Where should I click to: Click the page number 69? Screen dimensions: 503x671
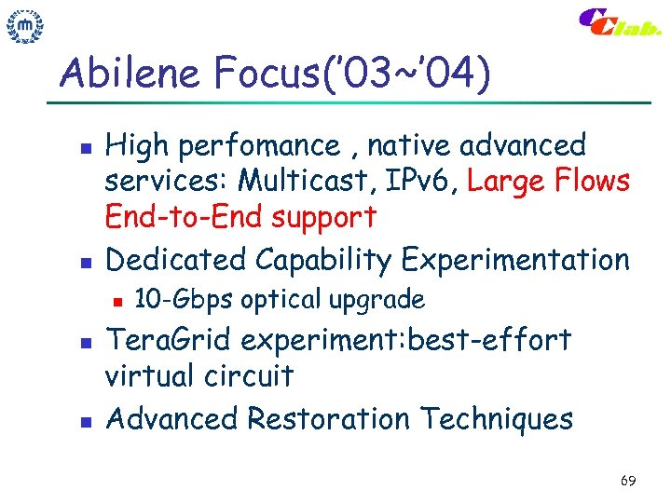pyautogui.click(x=627, y=481)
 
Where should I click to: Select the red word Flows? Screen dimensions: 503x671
pyautogui.click(x=596, y=182)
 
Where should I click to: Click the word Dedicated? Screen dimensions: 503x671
pyautogui.click(x=173, y=260)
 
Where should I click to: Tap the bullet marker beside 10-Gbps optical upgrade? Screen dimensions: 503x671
pyautogui.click(x=116, y=300)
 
